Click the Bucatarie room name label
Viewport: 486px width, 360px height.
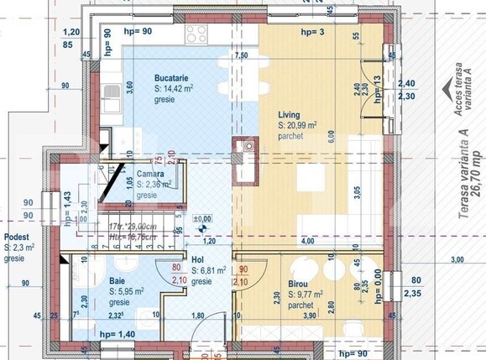[172, 78]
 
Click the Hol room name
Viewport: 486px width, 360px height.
[198, 261]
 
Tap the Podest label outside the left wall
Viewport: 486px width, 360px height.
[17, 237]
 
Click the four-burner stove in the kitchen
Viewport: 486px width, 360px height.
[196, 34]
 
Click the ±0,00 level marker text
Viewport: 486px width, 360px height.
[201, 220]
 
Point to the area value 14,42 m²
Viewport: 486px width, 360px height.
[175, 87]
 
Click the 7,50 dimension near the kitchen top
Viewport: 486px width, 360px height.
[242, 55]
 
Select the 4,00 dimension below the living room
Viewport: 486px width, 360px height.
[307, 241]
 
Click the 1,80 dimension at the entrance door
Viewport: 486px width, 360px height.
[198, 316]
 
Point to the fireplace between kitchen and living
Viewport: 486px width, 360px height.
[247, 161]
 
